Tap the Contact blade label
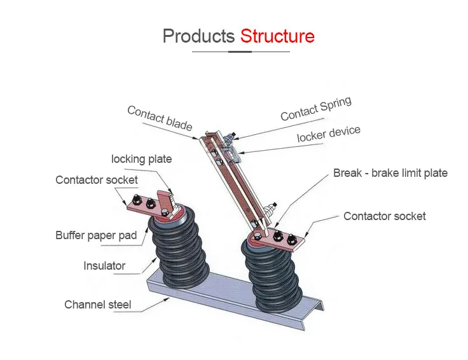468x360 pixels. [160, 118]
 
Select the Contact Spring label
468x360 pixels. [315, 109]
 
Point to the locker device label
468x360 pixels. [328, 134]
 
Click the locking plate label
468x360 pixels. [141, 158]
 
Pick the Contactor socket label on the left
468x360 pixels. [96, 180]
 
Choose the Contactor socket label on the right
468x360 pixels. [384, 216]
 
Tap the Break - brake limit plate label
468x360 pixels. [390, 173]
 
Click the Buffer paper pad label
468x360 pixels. [96, 235]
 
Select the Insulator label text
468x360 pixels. [104, 266]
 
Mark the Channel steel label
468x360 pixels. [97, 305]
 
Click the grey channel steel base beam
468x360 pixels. [210, 299]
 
